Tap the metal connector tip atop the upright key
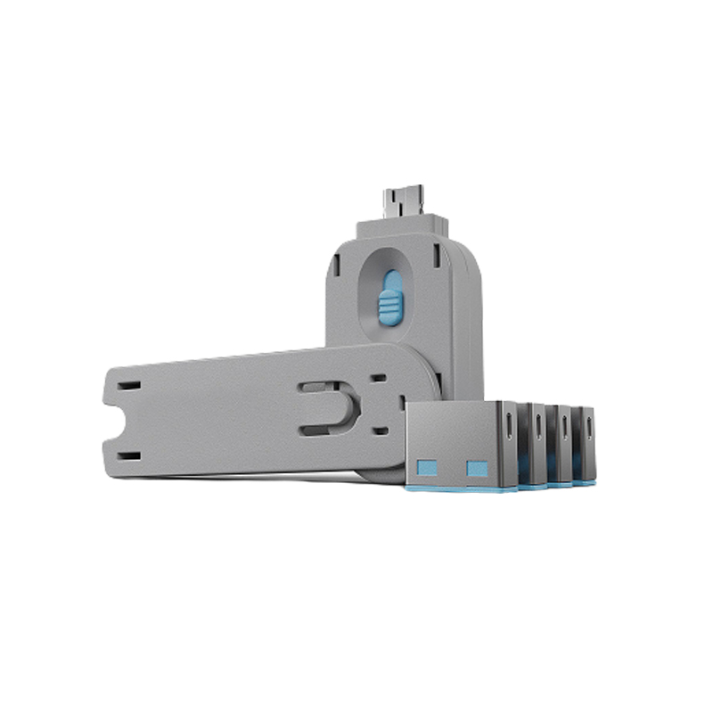click(x=402, y=200)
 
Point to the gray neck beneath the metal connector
click(x=402, y=227)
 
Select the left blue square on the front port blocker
click(x=428, y=468)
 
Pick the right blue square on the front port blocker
click(x=478, y=468)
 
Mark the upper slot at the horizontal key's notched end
click(x=129, y=386)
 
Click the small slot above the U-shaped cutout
click(x=377, y=379)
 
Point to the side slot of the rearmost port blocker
click(x=589, y=427)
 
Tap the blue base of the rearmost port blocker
click(x=586, y=482)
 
